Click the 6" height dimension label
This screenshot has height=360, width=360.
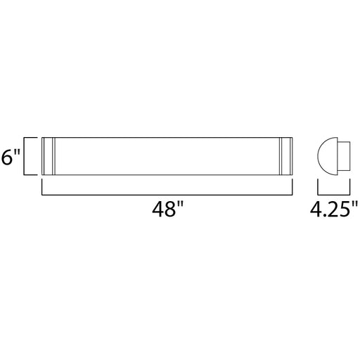pos(11,157)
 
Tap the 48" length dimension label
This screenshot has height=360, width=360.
pos(167,210)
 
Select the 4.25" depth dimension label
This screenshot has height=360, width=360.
pos(334,210)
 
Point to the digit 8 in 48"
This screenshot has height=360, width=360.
pos(169,210)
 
